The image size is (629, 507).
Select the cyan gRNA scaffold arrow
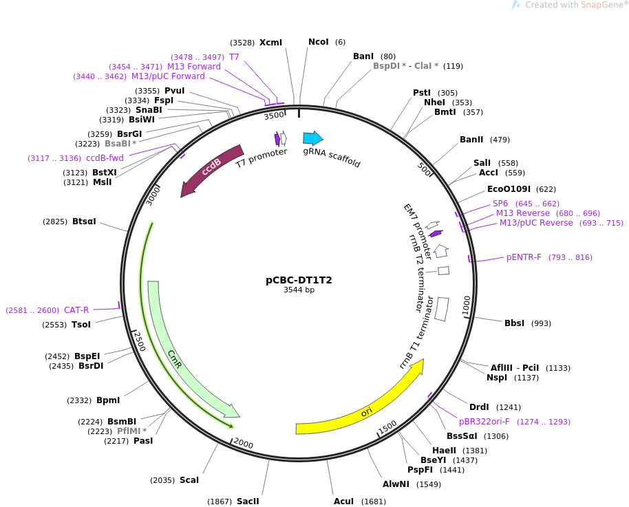click(313, 138)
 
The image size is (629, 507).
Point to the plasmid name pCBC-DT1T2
click(299, 280)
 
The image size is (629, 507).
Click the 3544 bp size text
click(299, 290)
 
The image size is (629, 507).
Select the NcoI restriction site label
click(319, 42)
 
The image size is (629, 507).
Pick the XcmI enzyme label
click(270, 43)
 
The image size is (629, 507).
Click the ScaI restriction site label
click(189, 480)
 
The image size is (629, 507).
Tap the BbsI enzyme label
click(514, 323)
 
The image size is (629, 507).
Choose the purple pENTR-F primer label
click(524, 257)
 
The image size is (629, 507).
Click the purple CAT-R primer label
click(76, 310)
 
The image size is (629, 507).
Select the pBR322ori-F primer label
click(484, 422)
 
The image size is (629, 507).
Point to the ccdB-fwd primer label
click(105, 158)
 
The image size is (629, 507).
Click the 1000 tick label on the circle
click(466, 305)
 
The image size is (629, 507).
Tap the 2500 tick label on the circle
click(139, 341)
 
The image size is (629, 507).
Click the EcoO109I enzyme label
click(509, 189)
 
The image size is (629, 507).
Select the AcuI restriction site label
click(344, 501)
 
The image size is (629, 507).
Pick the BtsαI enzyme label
click(84, 222)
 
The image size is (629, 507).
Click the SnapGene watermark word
click(601, 5)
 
